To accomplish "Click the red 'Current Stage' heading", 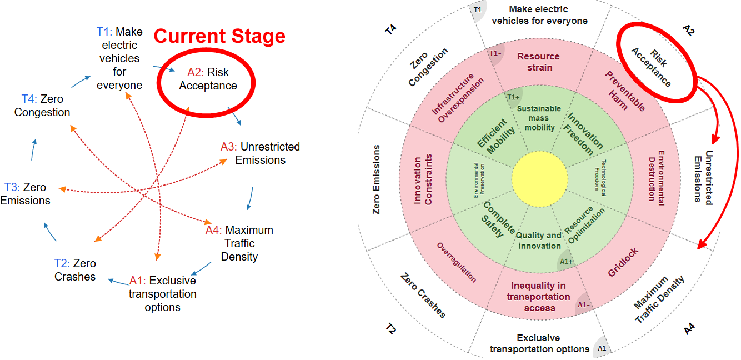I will coord(219,36).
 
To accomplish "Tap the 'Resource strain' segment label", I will coord(538,62).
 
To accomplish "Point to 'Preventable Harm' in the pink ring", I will coord(624,91).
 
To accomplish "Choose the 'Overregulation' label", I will coord(457,262).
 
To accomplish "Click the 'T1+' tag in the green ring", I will coord(513,97).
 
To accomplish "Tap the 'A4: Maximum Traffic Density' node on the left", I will coord(239,243).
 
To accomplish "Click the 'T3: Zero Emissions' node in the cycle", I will coord(25,193).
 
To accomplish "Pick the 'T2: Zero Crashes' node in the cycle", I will coord(75,270).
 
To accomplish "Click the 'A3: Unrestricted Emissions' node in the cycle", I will coord(260,153).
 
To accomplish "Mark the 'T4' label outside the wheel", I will coord(391,29).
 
